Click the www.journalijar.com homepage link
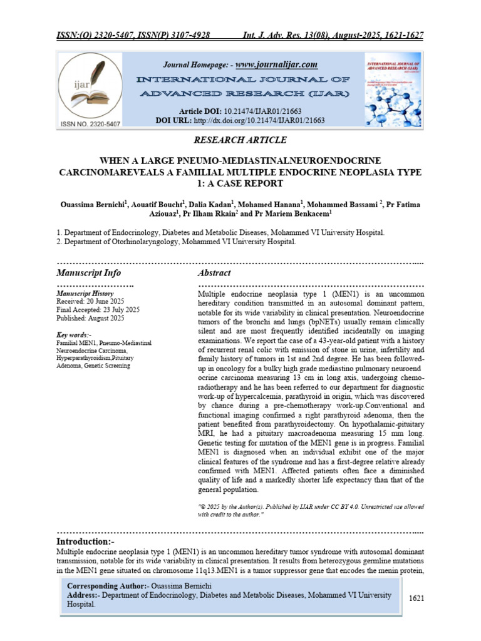pos(276,64)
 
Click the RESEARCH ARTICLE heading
pos(240,140)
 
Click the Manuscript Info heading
pos(89,273)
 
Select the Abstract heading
pos(214,273)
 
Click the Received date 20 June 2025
pos(91,301)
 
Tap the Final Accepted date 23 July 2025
pos(98,309)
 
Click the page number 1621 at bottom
pos(416,598)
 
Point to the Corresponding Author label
pos(107,585)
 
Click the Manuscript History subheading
pos(85,293)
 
